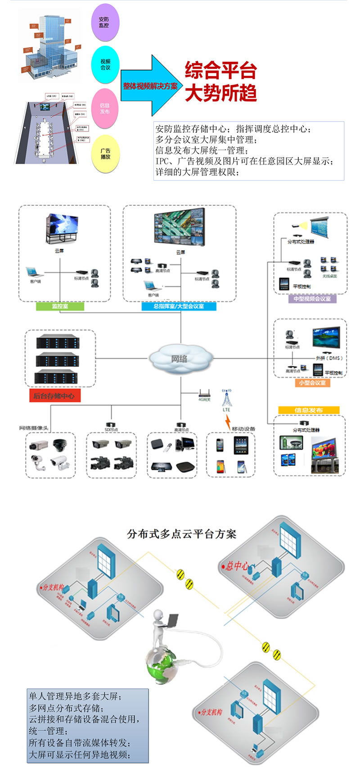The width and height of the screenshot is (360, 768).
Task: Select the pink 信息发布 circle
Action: (105, 108)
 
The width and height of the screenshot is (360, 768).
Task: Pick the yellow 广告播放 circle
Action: (105, 154)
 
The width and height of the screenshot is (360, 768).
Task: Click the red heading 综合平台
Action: (220, 71)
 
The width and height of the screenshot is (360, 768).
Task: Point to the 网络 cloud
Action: (180, 358)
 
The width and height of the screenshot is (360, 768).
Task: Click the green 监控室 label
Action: (60, 307)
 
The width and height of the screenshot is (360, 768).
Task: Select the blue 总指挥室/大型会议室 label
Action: (179, 307)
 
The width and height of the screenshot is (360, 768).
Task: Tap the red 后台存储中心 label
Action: (54, 396)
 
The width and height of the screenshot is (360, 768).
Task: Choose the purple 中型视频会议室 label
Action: (312, 299)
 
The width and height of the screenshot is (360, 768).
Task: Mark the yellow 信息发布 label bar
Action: (309, 410)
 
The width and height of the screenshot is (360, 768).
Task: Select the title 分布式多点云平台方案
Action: (181, 534)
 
